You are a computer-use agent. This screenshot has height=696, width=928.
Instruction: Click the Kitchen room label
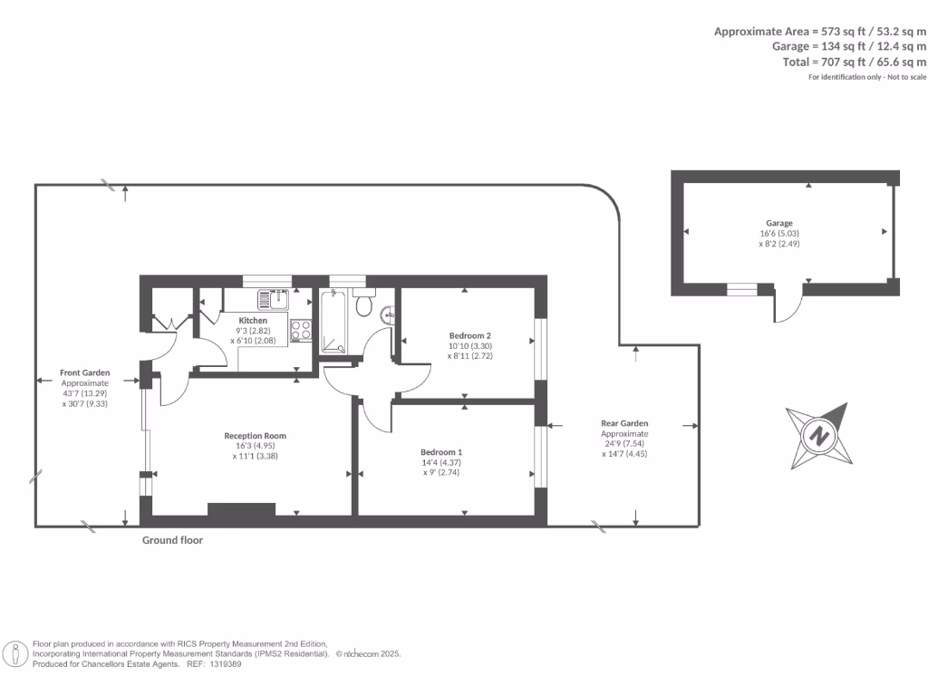(253, 321)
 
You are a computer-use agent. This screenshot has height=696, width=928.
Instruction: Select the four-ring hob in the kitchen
(301, 330)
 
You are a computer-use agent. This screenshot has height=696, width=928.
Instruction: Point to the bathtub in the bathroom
(333, 321)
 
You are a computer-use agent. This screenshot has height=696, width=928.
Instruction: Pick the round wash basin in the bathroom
(389, 315)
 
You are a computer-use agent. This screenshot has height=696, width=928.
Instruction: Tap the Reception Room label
(255, 436)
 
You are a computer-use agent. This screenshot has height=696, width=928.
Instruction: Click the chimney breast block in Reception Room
(241, 509)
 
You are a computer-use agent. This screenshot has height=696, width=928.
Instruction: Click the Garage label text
(779, 223)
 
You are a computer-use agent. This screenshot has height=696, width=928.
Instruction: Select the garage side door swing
(788, 306)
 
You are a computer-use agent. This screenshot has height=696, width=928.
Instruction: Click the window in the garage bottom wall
(742, 289)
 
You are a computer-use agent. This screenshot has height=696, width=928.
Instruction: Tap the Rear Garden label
(624, 423)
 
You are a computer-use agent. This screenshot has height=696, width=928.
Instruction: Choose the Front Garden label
(84, 372)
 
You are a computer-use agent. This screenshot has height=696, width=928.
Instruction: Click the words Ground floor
(172, 540)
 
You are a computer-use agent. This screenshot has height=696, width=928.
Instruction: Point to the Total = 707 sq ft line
(855, 62)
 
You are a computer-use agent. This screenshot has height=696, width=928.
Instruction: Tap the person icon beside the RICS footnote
(16, 653)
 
